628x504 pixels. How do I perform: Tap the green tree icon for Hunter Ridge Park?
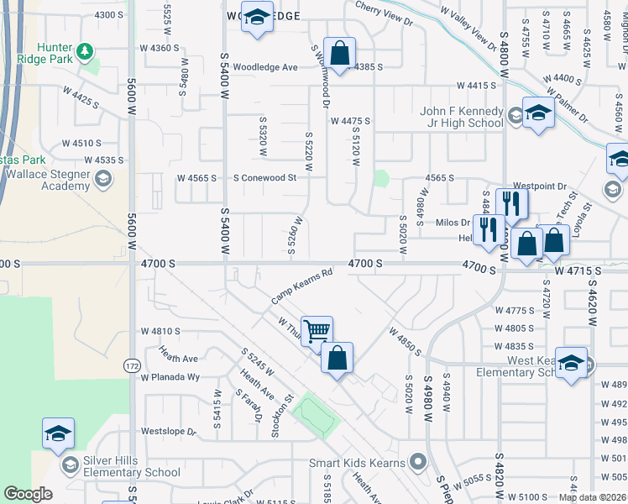[x=85, y=52]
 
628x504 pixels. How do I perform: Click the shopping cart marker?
[x=317, y=330]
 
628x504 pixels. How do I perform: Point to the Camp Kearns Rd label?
[x=302, y=286]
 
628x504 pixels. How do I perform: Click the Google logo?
[x=29, y=494]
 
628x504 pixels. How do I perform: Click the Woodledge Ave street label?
[x=265, y=67]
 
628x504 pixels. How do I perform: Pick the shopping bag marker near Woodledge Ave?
[x=339, y=54]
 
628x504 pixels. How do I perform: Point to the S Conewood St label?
[x=265, y=178]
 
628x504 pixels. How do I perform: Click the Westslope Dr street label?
[x=168, y=432]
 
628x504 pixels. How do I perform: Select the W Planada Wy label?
[x=170, y=377]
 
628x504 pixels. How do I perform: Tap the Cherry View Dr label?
[x=384, y=13]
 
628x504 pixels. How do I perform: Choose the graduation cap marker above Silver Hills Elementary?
[x=59, y=433]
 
